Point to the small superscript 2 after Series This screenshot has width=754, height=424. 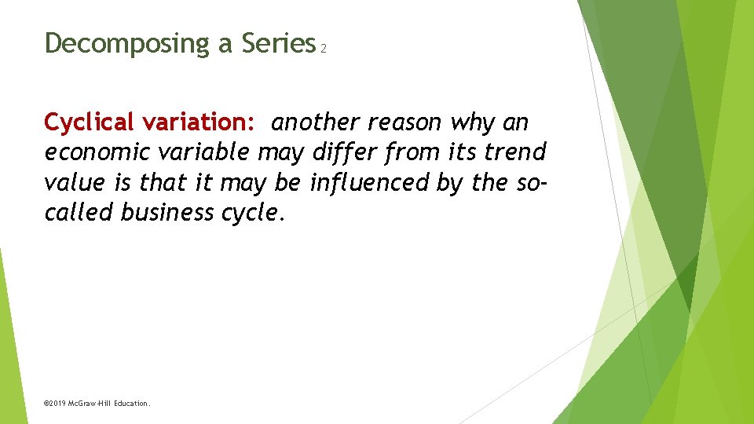click(x=323, y=49)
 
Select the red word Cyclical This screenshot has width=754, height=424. click(x=90, y=122)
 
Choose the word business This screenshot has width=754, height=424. click(x=167, y=212)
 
